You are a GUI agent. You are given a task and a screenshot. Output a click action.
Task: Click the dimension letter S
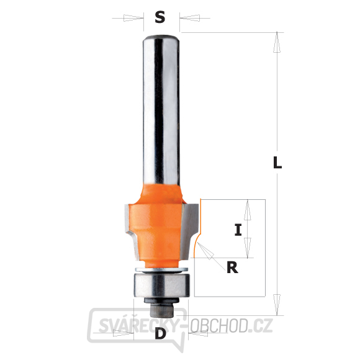tap(160, 17)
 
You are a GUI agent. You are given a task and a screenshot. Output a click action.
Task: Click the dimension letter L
tap(277, 162)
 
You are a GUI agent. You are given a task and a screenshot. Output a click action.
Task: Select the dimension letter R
tap(232, 268)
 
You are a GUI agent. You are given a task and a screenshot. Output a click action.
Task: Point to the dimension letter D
tap(160, 333)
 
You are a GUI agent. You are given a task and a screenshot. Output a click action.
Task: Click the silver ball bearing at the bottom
tap(161, 285)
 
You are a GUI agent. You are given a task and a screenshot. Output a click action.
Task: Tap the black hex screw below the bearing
tap(161, 306)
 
